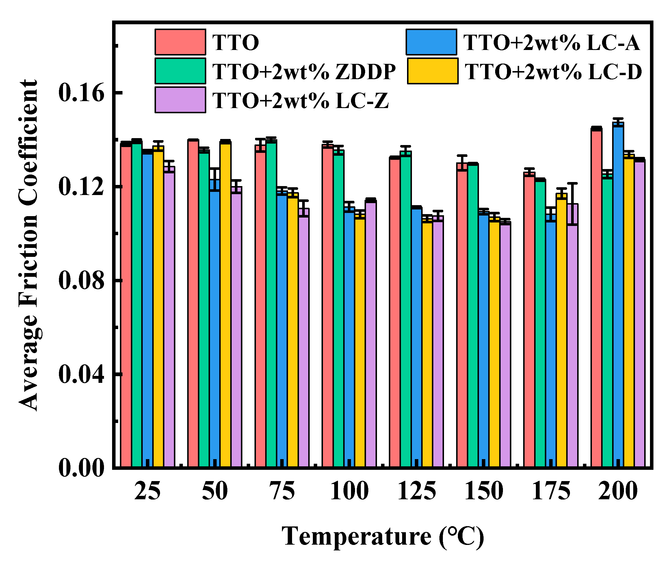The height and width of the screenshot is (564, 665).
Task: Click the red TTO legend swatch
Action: point(180,42)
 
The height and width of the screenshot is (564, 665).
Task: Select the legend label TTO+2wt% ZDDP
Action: point(304,71)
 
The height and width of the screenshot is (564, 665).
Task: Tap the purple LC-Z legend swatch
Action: point(180,100)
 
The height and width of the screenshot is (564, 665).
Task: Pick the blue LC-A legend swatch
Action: point(431,42)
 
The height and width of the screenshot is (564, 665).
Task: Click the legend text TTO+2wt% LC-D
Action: point(553,71)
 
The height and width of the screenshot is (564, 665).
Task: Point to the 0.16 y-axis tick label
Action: point(81,93)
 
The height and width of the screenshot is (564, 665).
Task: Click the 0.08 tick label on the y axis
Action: point(81,280)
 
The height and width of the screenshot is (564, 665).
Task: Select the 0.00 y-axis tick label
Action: point(81,468)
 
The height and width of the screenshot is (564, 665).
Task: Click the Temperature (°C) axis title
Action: point(382,537)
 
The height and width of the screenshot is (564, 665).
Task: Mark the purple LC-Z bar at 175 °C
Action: point(572,336)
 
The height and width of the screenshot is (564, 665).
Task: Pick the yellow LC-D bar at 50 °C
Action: point(225,304)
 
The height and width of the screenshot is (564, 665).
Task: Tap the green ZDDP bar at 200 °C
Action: point(607,320)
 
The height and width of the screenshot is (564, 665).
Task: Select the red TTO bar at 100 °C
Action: point(327,307)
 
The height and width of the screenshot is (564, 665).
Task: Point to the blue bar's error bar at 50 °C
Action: point(215,179)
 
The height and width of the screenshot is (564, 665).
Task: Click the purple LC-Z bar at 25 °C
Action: point(169,317)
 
